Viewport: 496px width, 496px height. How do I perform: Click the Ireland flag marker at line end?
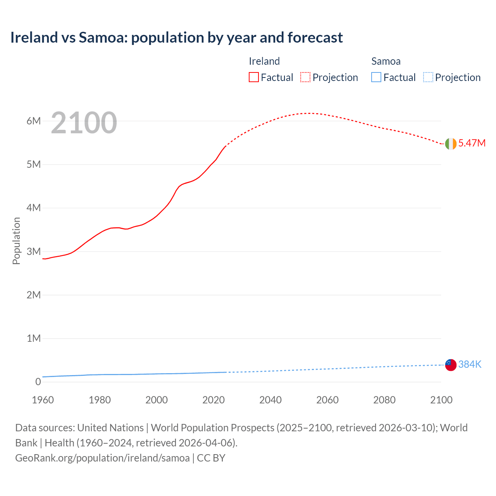451,144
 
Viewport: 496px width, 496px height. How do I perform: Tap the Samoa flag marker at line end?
451,365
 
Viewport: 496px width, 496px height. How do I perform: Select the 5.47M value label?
472,143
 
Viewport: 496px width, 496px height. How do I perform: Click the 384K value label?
470,364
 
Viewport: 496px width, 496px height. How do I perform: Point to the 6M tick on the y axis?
34,121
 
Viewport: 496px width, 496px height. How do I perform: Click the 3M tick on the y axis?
34,251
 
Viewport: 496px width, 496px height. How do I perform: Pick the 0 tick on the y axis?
38,382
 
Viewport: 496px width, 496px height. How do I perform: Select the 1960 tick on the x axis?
43,400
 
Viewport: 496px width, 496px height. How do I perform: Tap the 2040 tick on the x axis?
270,400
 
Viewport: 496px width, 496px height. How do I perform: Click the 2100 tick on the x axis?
441,400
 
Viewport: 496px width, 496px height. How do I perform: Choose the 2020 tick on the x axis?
214,400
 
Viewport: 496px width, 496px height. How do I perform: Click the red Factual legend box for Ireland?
253,77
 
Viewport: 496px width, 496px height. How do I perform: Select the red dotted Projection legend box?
305,77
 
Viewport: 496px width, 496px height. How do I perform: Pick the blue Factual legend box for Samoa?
376,77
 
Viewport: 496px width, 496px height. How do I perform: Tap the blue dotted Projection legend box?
428,77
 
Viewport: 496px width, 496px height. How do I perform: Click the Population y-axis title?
16,241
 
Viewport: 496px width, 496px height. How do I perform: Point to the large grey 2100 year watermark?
84,123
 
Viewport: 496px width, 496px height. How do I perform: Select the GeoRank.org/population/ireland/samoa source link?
102,458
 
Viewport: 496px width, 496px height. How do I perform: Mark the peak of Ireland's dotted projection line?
308,113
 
